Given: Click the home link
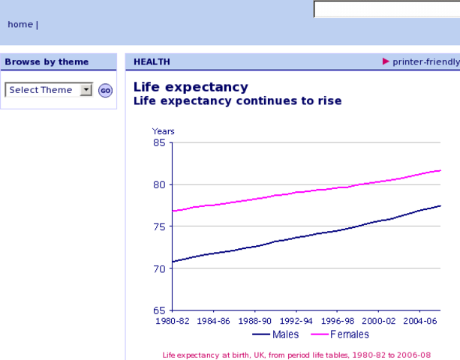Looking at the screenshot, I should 20,25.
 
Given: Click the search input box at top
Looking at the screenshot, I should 386,9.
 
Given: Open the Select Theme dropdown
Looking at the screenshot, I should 49,90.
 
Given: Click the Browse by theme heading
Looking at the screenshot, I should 47,62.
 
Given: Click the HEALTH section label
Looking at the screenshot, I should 152,62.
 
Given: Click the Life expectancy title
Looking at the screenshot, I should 190,87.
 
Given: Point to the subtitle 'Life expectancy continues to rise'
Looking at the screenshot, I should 237,101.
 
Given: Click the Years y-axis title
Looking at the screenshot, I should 163,131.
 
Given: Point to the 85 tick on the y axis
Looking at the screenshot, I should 158,142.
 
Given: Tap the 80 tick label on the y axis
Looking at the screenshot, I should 158,184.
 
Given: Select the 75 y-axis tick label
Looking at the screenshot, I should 158,226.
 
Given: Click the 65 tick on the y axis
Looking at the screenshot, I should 158,310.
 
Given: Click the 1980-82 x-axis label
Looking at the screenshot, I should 172,320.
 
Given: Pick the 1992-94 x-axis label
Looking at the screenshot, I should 295,320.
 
